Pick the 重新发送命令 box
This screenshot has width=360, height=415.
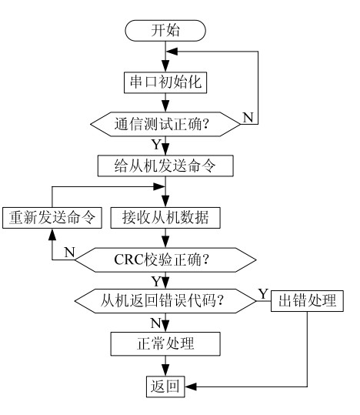[x=51, y=216]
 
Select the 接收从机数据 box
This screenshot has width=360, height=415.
[x=166, y=216]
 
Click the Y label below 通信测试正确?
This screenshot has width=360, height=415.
[x=156, y=143]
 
